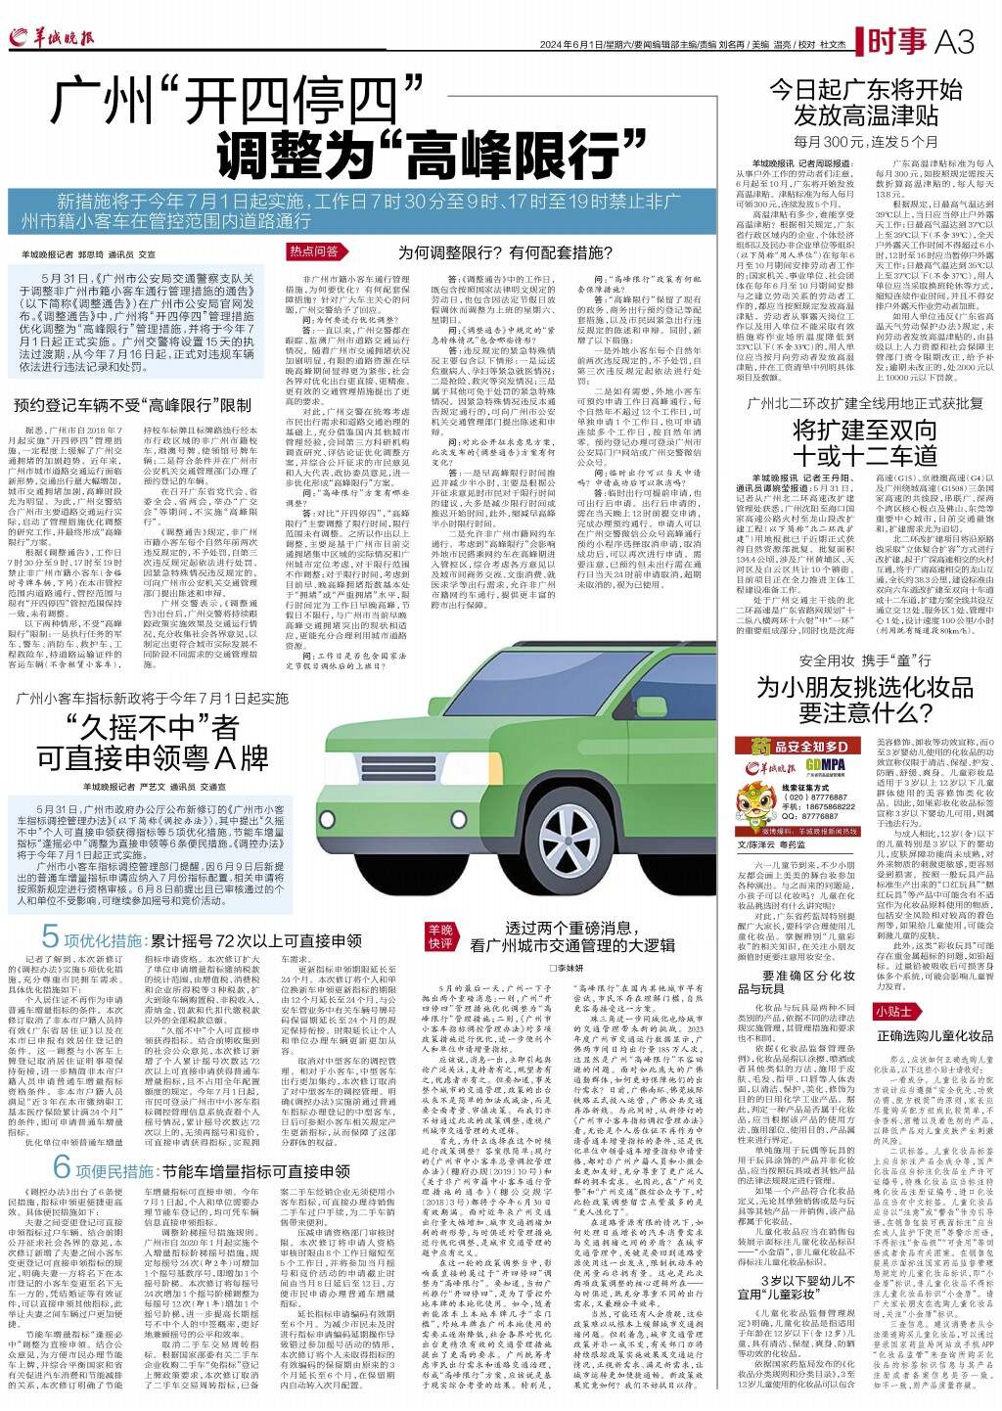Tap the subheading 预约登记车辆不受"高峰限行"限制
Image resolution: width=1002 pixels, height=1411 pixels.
132,404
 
